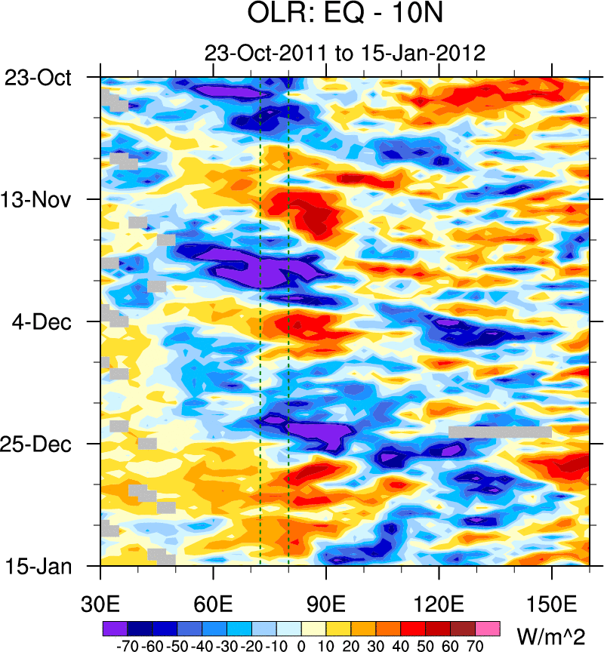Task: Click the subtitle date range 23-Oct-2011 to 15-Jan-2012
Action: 344,53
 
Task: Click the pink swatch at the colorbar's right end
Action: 487,627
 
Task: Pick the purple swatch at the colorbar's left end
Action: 114,627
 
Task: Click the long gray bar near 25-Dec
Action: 500,432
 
